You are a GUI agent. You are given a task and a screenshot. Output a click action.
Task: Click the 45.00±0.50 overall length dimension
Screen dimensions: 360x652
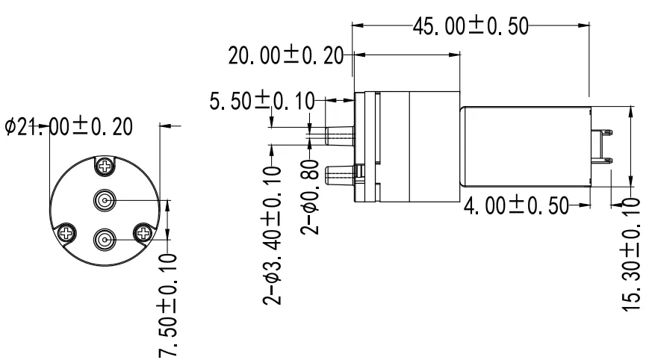coord(471,25)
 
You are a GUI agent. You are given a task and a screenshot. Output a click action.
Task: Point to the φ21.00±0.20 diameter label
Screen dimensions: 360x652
coord(69,127)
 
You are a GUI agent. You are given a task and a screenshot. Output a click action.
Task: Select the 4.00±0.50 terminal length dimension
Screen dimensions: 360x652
coord(515,205)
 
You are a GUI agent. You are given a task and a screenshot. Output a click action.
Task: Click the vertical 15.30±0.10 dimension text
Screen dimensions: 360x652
coord(634,254)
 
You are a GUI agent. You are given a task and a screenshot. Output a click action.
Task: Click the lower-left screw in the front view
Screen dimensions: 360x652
coord(66,233)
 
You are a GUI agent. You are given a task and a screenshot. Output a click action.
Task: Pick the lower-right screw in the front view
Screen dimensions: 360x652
coord(143,233)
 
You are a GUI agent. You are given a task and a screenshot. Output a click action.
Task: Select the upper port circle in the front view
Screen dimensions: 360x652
coord(105,200)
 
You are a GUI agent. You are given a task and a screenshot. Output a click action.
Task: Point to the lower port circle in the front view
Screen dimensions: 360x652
coord(105,240)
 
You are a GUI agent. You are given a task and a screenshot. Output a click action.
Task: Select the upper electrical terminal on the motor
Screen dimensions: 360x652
coord(603,134)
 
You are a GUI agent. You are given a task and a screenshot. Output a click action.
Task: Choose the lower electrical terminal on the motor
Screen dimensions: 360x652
coord(603,160)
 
